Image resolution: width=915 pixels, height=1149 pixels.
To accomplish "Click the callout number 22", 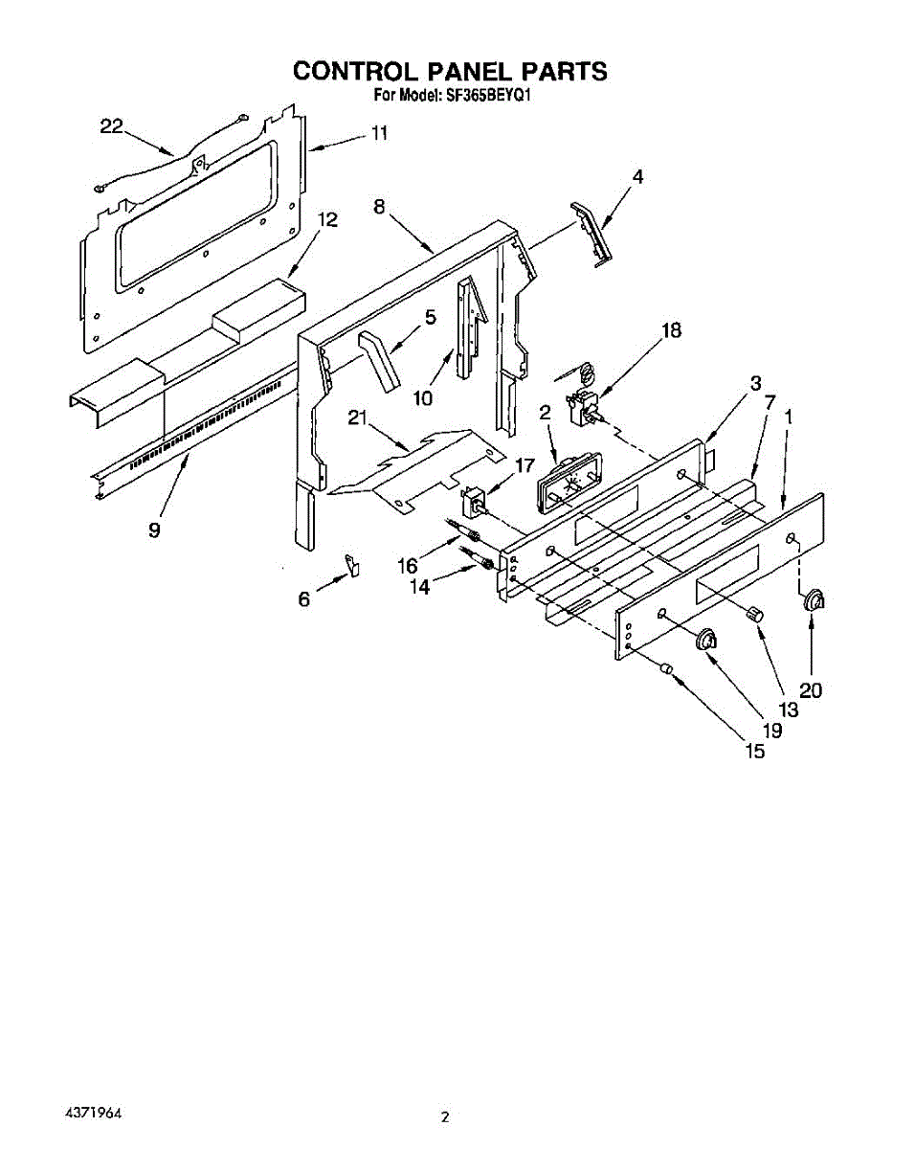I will (112, 126).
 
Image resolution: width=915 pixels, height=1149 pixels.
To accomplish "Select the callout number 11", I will (379, 134).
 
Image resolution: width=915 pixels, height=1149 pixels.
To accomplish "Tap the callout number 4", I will (636, 176).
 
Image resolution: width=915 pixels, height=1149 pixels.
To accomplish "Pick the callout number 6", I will (304, 598).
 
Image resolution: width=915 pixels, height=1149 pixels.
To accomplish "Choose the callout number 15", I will (754, 751).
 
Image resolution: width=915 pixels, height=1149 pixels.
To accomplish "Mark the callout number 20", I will (811, 689).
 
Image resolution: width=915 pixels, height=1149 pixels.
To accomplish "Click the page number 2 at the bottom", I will (444, 1116).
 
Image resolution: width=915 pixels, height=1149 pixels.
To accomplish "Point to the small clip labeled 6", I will (352, 566).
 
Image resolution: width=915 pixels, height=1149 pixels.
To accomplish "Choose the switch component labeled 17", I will (473, 502).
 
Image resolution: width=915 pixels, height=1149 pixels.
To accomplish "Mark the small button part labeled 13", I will (754, 614).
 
